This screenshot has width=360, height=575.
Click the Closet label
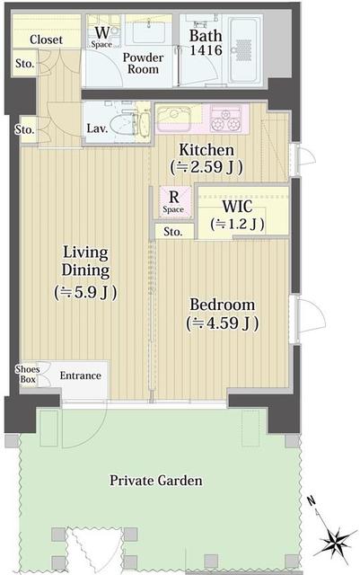point(46,40)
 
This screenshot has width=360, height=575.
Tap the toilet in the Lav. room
point(125,122)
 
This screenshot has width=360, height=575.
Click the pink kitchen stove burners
point(226,119)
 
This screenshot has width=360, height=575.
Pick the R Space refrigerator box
point(175,202)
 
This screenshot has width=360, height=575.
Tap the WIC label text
point(237,207)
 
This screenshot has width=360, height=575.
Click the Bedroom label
point(223,305)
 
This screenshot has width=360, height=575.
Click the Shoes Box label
point(28,374)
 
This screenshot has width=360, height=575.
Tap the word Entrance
point(80,376)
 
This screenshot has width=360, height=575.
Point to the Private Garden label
point(156,481)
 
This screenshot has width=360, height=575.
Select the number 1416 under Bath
point(206,50)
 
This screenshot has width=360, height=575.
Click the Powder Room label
point(143,63)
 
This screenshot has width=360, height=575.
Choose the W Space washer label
point(101,37)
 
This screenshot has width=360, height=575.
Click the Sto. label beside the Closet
point(24,64)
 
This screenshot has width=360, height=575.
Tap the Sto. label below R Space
point(172,232)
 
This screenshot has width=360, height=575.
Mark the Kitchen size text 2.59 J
point(206,167)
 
